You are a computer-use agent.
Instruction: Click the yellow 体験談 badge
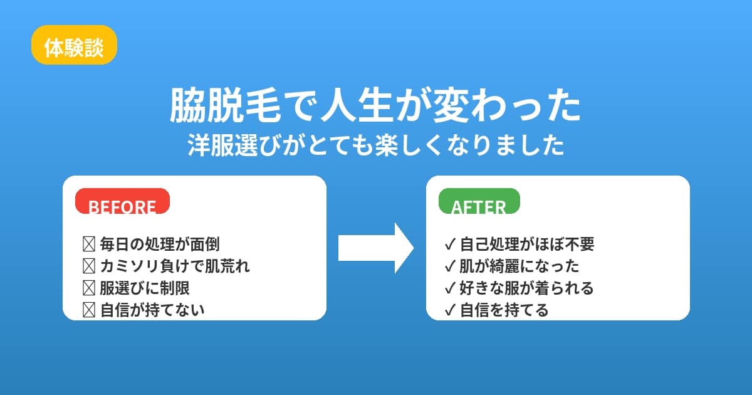[x=74, y=45]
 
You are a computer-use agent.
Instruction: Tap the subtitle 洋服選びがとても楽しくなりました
[x=375, y=146]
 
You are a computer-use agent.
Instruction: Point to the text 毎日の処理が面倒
[x=160, y=244]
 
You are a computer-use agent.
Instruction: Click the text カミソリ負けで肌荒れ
[x=175, y=266]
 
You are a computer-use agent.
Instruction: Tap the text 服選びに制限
[x=145, y=288]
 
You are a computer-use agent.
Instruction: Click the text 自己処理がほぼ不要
[x=527, y=244]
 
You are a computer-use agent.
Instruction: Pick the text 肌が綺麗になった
[x=520, y=266]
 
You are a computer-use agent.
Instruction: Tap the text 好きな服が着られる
[x=527, y=288]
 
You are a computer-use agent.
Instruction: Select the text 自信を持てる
[x=504, y=310]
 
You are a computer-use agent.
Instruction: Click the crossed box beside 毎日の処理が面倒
[x=88, y=244]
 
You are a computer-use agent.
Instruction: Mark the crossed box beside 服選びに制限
[x=88, y=288]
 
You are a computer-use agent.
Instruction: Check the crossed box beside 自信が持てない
[x=88, y=310]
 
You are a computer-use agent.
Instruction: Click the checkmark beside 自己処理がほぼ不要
[x=449, y=244]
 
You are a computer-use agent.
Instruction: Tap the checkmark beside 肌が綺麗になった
[x=449, y=266]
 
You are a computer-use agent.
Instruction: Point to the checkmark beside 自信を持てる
[x=449, y=310]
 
